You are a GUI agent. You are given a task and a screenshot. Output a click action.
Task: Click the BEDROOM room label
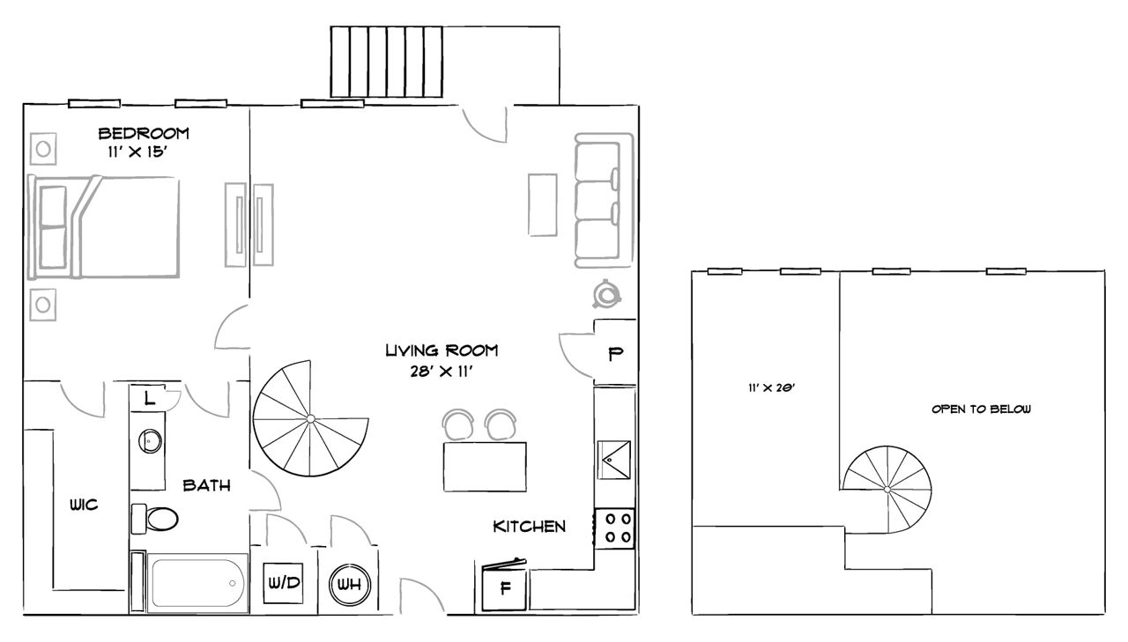click(x=144, y=134)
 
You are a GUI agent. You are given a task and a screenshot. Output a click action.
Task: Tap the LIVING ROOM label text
click(x=442, y=351)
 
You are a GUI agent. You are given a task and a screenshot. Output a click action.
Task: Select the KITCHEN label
click(x=529, y=527)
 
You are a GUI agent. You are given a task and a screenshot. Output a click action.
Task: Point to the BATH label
click(x=207, y=485)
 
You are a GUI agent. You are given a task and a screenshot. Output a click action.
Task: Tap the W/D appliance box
click(x=284, y=584)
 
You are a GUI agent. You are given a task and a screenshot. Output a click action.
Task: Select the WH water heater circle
click(x=350, y=584)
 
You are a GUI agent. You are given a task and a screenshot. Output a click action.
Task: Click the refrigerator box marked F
click(x=506, y=587)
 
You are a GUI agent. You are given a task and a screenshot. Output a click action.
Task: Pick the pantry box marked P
click(x=615, y=355)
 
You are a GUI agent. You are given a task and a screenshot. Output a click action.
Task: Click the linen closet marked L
click(x=150, y=398)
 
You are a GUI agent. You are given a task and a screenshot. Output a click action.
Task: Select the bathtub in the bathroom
click(x=196, y=582)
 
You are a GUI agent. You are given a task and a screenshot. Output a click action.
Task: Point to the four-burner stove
click(x=616, y=528)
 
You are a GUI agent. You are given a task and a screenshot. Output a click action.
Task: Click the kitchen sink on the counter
click(x=615, y=459)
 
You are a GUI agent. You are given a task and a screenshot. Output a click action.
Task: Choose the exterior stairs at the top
click(x=386, y=62)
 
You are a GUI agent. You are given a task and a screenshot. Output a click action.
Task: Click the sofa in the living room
click(x=604, y=200)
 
